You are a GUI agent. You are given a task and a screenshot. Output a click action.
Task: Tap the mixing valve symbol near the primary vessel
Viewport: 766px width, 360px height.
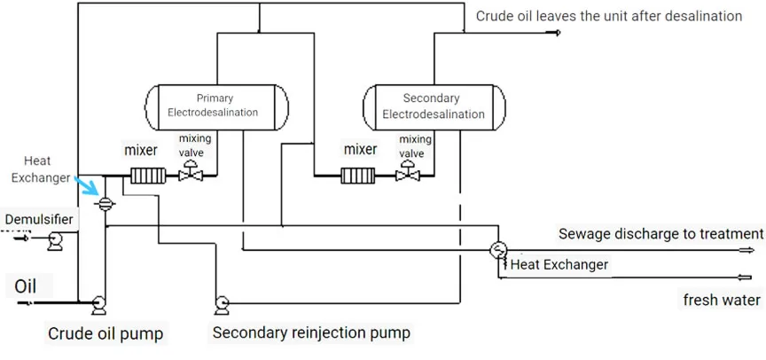191,176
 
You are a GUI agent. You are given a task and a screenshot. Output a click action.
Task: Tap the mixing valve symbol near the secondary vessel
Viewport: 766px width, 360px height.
408,176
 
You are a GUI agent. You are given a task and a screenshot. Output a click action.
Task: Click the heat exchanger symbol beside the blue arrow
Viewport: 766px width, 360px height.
105,203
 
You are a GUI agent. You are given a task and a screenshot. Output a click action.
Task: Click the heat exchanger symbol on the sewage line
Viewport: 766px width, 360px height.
498,249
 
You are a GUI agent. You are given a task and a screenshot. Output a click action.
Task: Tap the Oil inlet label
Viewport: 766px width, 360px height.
27,286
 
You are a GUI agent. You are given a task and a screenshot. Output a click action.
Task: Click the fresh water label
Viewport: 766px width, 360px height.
721,300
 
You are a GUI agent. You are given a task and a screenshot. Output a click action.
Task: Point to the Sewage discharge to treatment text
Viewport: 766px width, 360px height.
660,234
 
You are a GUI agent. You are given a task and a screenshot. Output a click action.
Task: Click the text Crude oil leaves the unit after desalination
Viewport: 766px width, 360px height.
608,15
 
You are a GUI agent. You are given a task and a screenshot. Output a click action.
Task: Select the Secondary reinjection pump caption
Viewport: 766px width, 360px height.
310,333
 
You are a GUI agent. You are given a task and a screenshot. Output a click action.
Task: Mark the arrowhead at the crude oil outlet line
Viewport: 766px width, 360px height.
556,33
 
